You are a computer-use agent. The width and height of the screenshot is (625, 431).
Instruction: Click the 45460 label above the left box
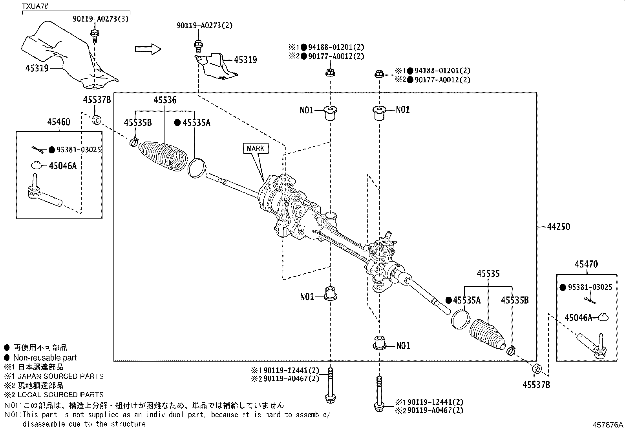pyautogui.click(x=58, y=122)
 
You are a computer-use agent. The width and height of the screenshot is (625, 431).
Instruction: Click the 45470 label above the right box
pyautogui.click(x=586, y=264)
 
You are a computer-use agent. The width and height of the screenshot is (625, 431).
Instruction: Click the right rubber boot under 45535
pyautogui.click(x=487, y=334)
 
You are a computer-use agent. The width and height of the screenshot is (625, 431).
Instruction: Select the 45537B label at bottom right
pyautogui.click(x=536, y=385)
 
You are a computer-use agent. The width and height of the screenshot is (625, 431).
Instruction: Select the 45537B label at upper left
pyautogui.click(x=97, y=100)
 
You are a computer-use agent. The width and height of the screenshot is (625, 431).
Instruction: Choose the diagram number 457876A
pyautogui.click(x=608, y=425)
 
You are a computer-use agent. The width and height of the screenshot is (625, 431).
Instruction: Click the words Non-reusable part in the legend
pyautogui.click(x=45, y=358)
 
